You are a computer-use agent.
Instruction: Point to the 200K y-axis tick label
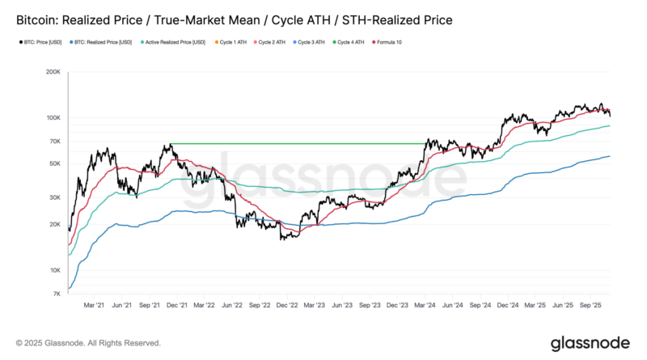pyautogui.click(x=53, y=72)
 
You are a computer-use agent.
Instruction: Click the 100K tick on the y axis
pyautogui.click(x=53, y=117)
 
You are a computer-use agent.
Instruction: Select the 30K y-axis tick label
pyautogui.click(x=54, y=197)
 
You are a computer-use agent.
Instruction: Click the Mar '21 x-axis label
pyautogui.click(x=94, y=306)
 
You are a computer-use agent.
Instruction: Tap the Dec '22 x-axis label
pyautogui.click(x=286, y=306)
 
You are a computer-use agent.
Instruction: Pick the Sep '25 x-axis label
pyautogui.click(x=590, y=306)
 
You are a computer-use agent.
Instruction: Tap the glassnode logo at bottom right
pyautogui.click(x=590, y=342)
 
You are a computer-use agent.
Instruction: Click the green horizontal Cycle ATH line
pyautogui.click(x=299, y=144)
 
